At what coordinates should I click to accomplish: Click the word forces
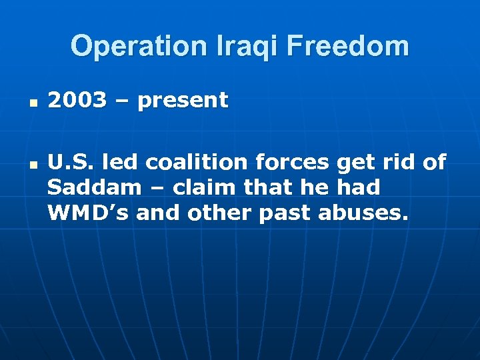point(299,163)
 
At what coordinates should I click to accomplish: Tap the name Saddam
point(95,187)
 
